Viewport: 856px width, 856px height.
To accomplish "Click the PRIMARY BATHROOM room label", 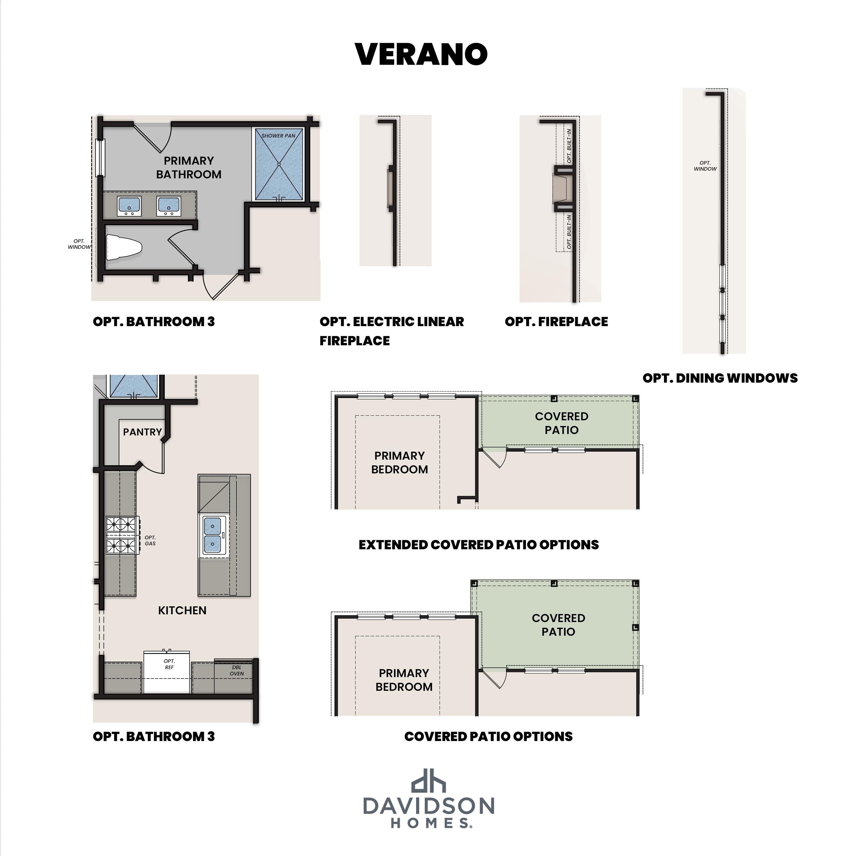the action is click(x=189, y=167).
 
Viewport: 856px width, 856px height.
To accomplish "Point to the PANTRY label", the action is click(x=142, y=432).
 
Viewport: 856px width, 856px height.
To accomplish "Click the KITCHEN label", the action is click(x=182, y=611).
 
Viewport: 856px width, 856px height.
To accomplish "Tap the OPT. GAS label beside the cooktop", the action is click(x=150, y=540).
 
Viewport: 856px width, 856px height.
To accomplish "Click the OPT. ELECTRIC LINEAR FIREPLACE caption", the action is click(x=392, y=331).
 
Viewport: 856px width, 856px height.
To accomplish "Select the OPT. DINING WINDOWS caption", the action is click(x=720, y=378).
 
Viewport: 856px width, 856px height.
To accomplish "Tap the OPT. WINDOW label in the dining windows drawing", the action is click(x=705, y=166).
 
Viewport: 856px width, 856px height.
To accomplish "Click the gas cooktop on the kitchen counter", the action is click(x=121, y=535).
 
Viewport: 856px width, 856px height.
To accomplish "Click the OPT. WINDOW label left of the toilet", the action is click(x=79, y=244).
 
